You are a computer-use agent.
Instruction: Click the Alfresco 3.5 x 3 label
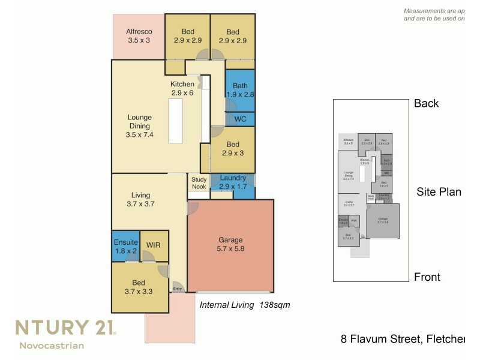(x=139, y=36)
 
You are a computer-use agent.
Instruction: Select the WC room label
(x=240, y=119)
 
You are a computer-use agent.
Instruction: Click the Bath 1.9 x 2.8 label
(x=240, y=89)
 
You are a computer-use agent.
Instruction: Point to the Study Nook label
(x=199, y=183)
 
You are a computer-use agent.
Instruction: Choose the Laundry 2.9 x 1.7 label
(x=233, y=182)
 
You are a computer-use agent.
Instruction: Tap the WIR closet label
(x=153, y=245)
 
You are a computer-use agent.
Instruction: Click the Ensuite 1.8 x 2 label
(x=125, y=246)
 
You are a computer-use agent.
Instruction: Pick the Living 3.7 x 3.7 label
(x=141, y=200)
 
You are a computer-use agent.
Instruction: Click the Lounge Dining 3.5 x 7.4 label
(x=139, y=126)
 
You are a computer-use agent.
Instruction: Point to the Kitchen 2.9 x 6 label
(x=182, y=89)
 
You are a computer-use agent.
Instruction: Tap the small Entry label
(x=178, y=290)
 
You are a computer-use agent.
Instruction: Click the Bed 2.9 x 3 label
(x=233, y=149)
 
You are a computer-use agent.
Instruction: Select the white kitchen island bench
(x=176, y=121)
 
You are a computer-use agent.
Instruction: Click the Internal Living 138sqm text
(x=244, y=305)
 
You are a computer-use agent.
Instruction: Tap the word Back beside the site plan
(x=427, y=103)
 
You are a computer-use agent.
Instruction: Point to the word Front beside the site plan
(x=427, y=277)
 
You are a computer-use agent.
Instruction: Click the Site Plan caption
(x=439, y=192)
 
